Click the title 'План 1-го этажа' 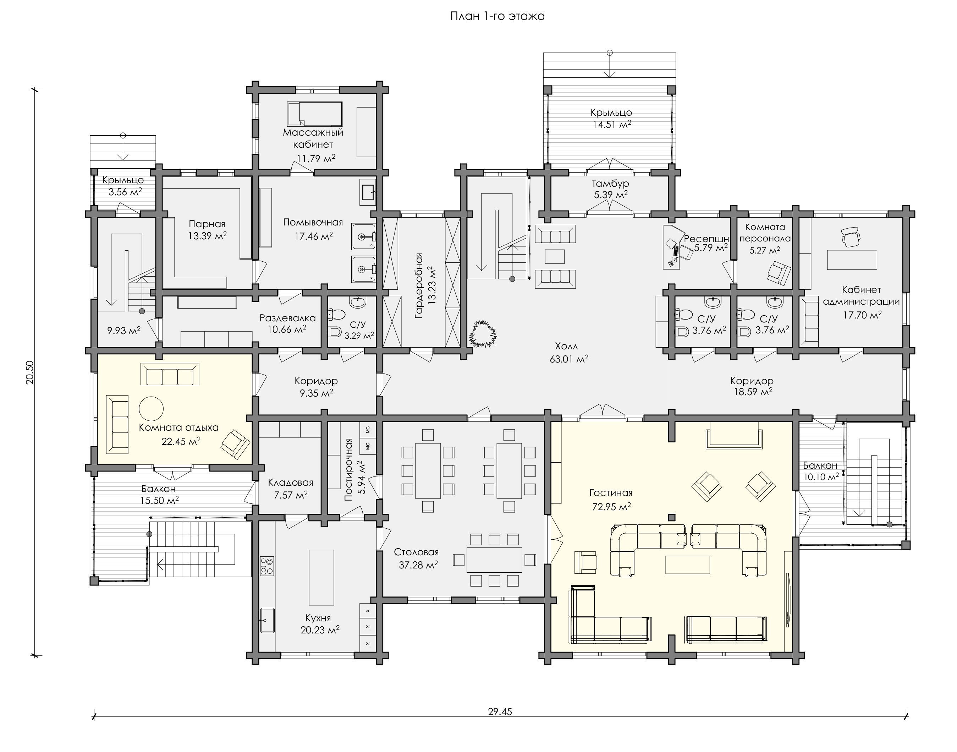coord(497,16)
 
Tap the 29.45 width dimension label coord(500,712)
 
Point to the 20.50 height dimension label coord(29,372)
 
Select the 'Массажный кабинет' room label coord(313,138)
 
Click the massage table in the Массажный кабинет coord(315,114)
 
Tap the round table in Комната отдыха coord(152,409)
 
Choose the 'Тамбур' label coord(610,183)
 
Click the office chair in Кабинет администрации coord(851,236)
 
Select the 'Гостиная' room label coord(611,493)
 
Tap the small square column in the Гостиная coord(671,517)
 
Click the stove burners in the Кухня coord(266,566)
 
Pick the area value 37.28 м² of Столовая coord(418,565)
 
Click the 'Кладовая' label coord(290,483)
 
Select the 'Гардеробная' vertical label coord(418,286)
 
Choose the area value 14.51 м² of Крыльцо coord(612,124)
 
